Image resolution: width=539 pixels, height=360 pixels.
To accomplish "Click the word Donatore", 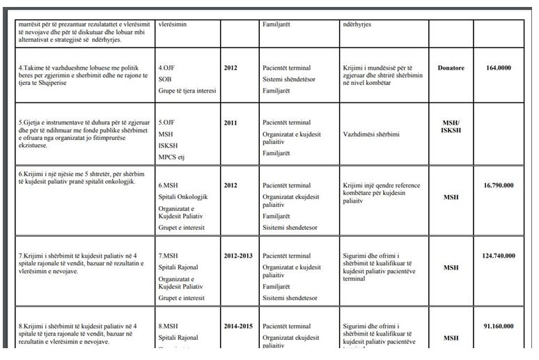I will pos(451,68).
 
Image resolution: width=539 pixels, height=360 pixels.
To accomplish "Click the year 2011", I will pos(231,123).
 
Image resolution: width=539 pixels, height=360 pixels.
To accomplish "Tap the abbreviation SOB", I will pos(165,79).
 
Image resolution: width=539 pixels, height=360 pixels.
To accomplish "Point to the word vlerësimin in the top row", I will pos(176,24).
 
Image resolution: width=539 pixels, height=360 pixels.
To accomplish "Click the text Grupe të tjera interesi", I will pos(187,91).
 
